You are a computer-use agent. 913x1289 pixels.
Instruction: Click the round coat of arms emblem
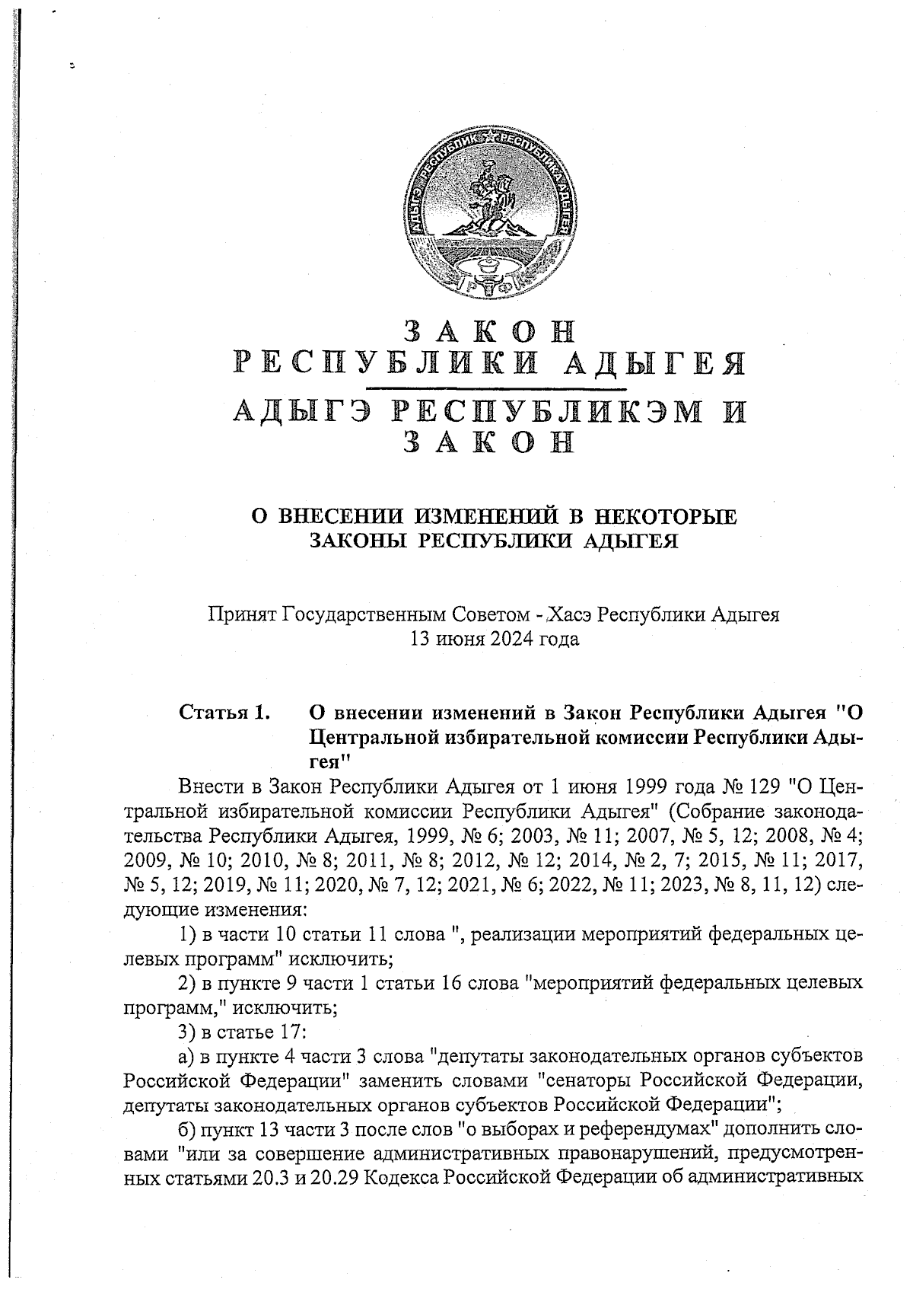click(x=489, y=218)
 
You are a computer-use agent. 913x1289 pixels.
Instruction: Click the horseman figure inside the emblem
click(x=488, y=196)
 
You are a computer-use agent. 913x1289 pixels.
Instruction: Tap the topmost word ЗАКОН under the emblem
click(x=489, y=331)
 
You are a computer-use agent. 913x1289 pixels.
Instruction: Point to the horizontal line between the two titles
click(x=489, y=388)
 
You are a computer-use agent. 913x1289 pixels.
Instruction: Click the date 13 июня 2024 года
click(x=495, y=639)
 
